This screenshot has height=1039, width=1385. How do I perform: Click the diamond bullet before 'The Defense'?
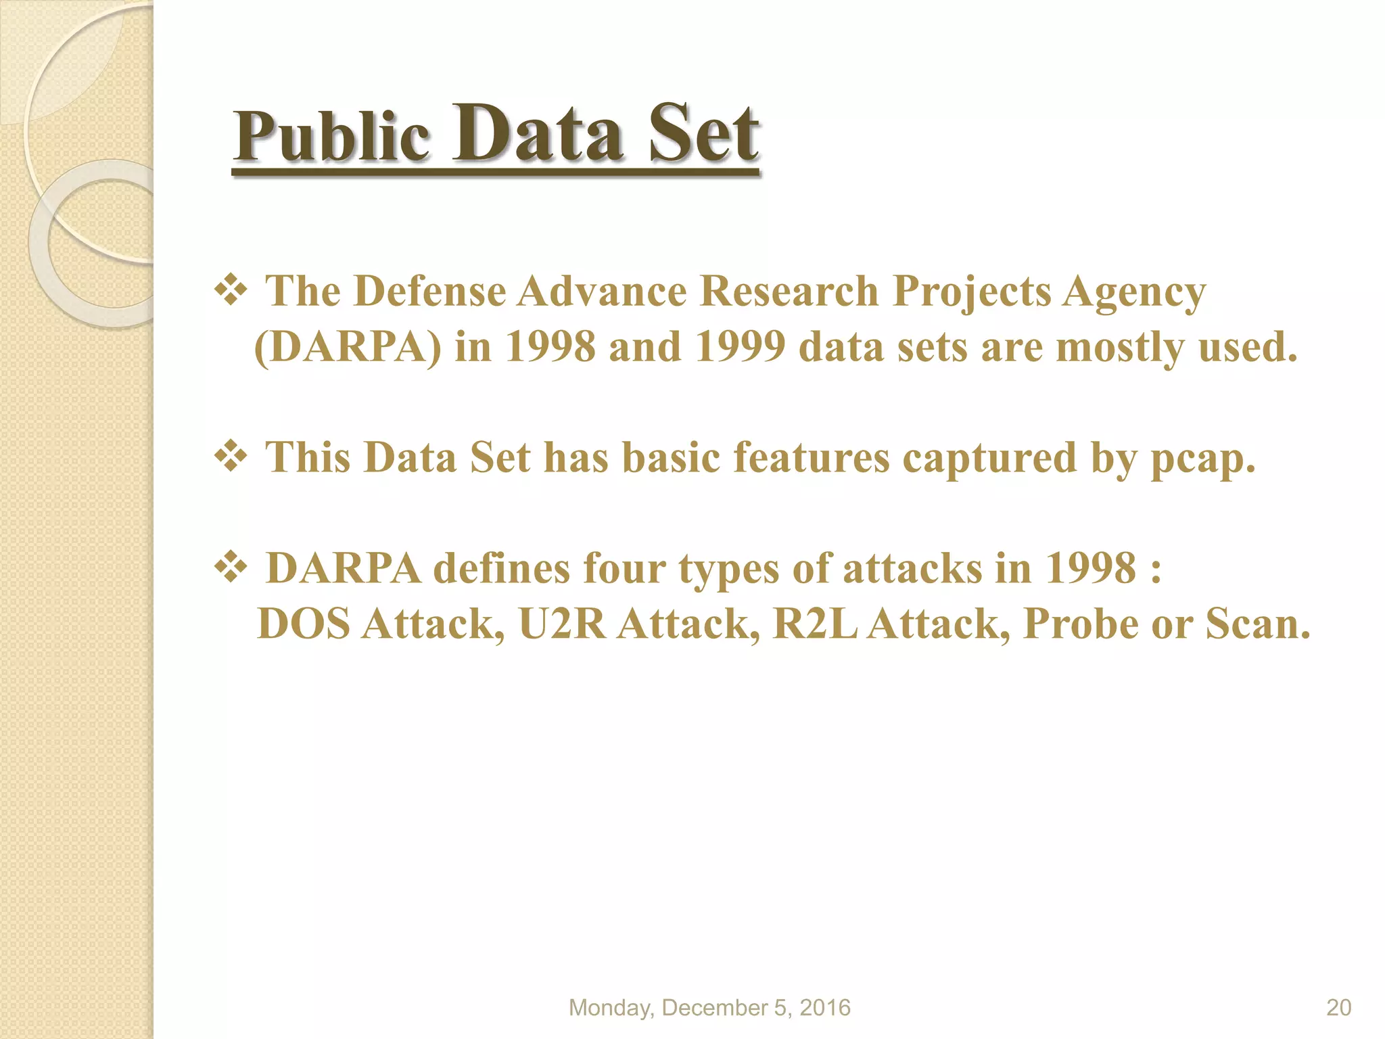(x=231, y=292)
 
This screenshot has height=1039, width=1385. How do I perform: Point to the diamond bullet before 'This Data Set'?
(x=231, y=457)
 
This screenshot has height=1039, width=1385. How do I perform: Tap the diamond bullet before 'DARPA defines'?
(x=231, y=568)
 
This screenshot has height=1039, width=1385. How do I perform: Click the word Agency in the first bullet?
(x=1134, y=293)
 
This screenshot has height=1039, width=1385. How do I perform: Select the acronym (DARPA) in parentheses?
(x=348, y=348)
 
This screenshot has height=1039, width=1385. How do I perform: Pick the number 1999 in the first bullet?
(x=741, y=348)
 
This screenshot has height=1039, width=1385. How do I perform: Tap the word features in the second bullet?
(x=812, y=457)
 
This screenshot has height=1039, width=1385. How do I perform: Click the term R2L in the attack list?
(x=815, y=624)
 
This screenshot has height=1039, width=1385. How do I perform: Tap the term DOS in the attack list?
(x=304, y=624)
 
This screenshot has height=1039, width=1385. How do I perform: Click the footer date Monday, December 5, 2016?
(x=709, y=1008)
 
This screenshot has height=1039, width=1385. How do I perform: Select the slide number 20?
(x=1338, y=1008)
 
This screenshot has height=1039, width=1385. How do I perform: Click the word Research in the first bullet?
(x=789, y=292)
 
